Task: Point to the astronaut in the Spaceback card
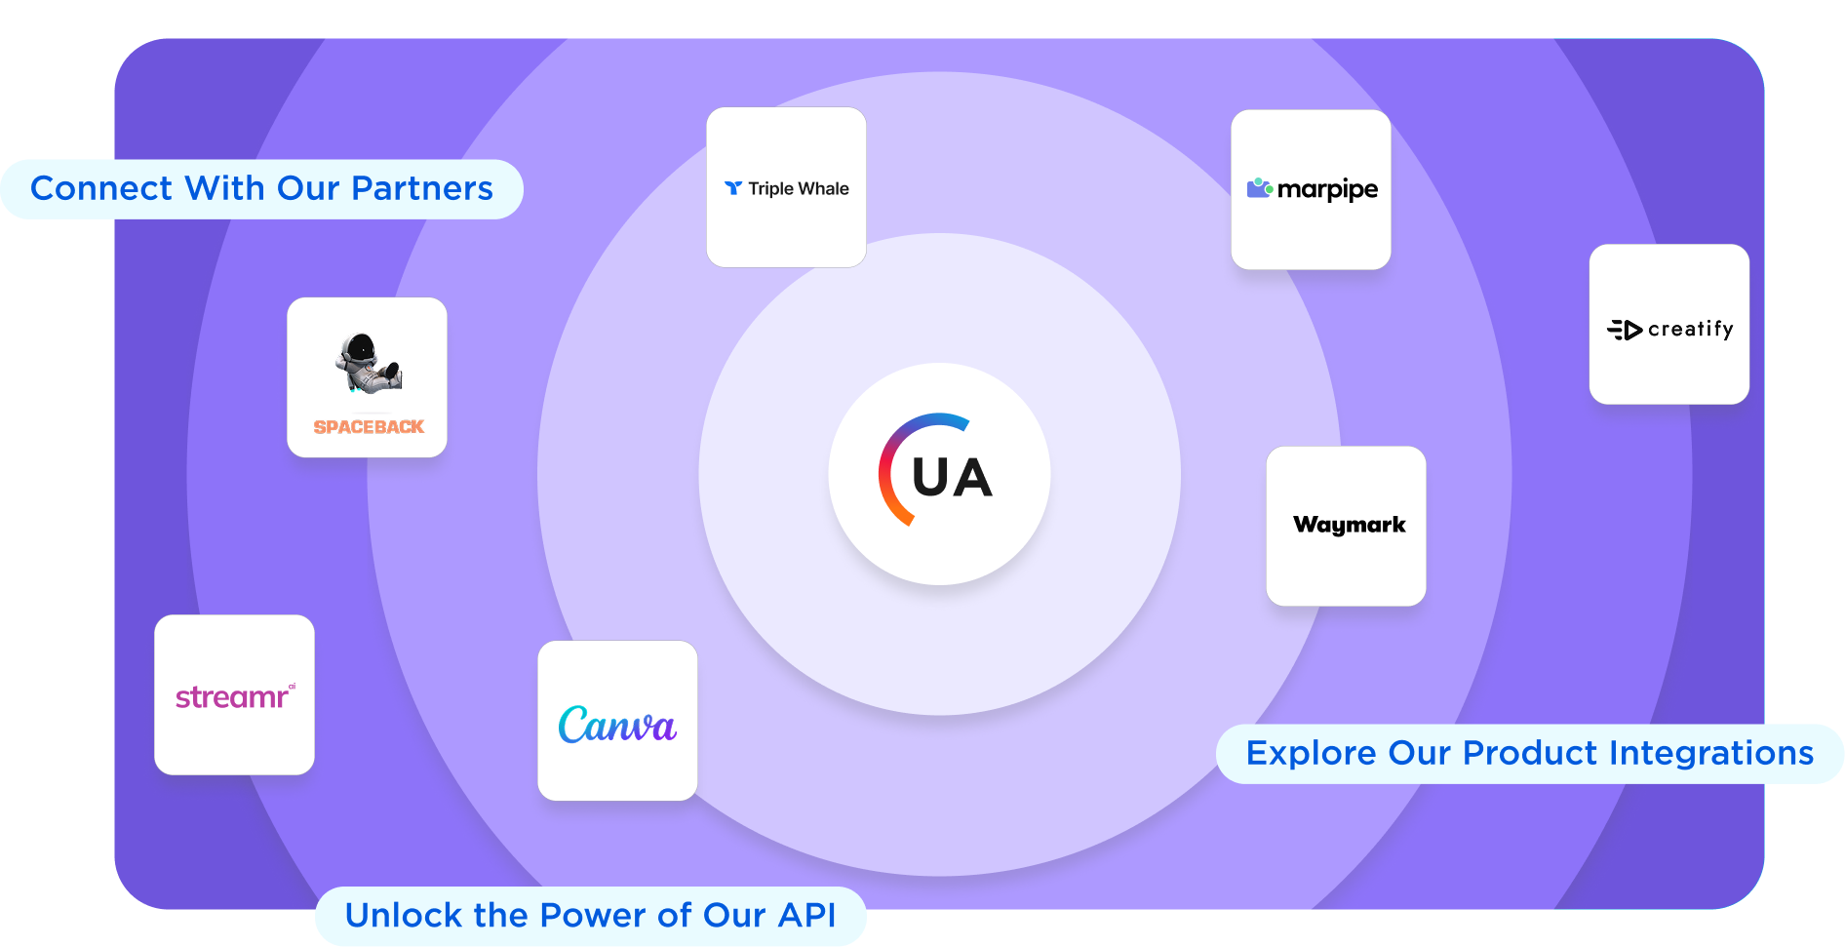[x=367, y=364]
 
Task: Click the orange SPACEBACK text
[x=369, y=427]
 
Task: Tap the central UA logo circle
[x=939, y=474]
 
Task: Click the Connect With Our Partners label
[x=261, y=188]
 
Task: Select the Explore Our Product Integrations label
[x=1529, y=753]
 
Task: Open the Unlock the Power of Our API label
[x=590, y=915]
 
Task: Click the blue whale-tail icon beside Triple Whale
[x=733, y=188]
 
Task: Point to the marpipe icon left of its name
[x=1259, y=187]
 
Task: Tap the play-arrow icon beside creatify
[x=1626, y=331]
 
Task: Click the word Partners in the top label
[x=421, y=188]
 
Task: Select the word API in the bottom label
[x=806, y=915]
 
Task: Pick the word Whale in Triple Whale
[x=823, y=188]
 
